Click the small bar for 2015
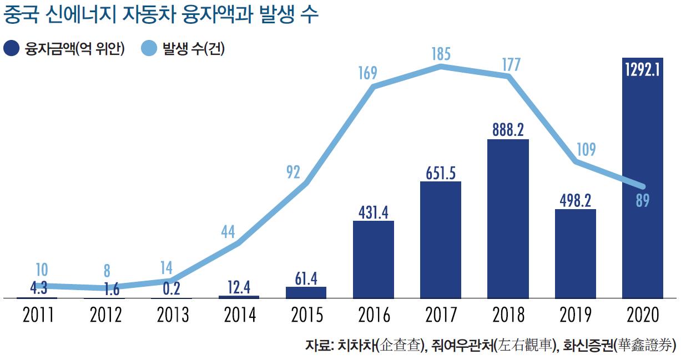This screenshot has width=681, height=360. click(x=306, y=292)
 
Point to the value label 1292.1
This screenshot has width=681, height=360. click(x=643, y=70)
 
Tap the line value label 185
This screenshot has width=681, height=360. click(x=441, y=54)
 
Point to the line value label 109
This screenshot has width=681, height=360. click(x=586, y=149)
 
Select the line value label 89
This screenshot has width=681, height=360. click(x=643, y=201)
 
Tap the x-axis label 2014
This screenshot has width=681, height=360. click(x=240, y=315)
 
